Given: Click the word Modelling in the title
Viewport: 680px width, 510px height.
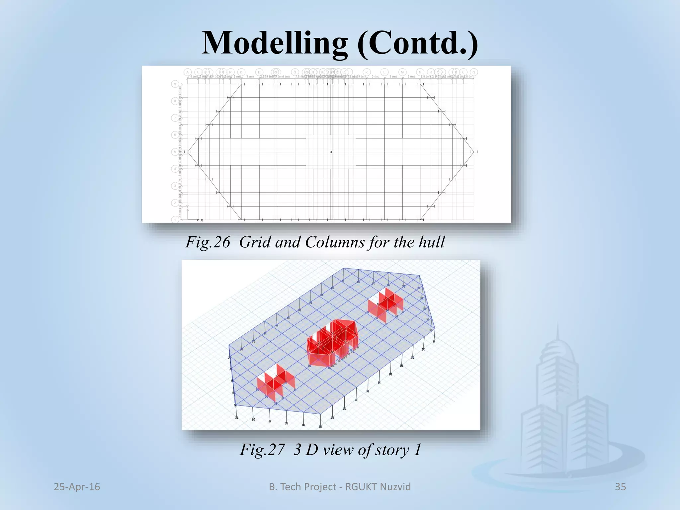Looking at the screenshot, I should [275, 43].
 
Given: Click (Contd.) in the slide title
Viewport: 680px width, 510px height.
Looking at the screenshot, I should [417, 43].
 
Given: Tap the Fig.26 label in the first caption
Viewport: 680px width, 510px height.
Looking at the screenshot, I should [208, 242].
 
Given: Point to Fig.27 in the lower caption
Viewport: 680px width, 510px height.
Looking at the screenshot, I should [262, 450].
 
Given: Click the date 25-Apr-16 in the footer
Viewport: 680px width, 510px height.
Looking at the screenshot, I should [77, 487].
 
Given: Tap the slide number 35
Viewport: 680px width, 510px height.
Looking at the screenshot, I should [620, 487].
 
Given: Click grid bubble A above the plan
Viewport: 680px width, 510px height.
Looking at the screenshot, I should [188, 72].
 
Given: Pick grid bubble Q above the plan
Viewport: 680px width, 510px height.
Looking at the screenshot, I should [474, 72].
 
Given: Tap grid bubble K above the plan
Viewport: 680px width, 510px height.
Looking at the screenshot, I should [367, 72].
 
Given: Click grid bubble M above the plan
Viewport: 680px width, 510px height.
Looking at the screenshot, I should [402, 72].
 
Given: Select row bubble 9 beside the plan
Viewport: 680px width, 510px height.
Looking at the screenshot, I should [175, 84].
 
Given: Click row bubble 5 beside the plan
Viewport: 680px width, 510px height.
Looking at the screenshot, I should [175, 152].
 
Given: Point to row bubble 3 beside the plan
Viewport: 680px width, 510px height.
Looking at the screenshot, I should [175, 186].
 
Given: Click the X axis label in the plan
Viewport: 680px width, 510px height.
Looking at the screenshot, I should [202, 220].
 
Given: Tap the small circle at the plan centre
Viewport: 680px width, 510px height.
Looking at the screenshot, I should [331, 152].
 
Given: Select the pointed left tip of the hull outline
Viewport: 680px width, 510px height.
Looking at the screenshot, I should [188, 152].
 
